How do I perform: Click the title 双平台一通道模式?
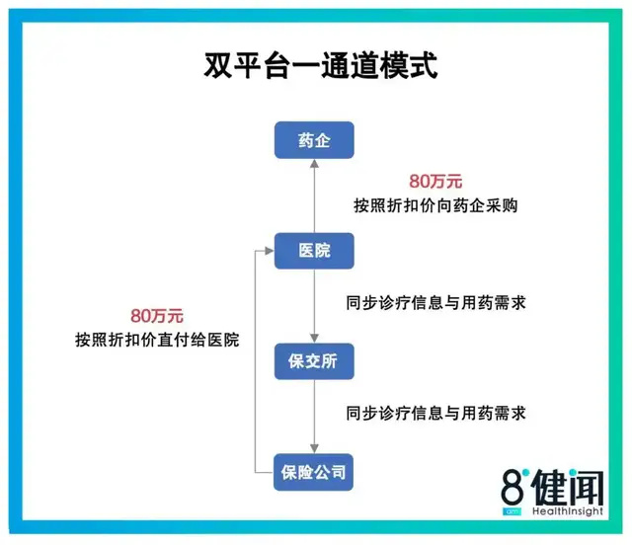pyautogui.click(x=315, y=67)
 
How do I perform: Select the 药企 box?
pyautogui.click(x=314, y=141)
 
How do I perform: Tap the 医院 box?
pyautogui.click(x=314, y=252)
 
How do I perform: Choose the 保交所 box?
pyautogui.click(x=314, y=362)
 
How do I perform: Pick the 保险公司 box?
pyautogui.click(x=314, y=473)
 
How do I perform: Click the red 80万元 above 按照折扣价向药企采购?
pyautogui.click(x=435, y=182)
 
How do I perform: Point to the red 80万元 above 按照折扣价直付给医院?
pyautogui.click(x=157, y=316)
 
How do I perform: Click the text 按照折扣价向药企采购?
pyautogui.click(x=435, y=206)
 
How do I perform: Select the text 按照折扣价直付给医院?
pyautogui.click(x=157, y=340)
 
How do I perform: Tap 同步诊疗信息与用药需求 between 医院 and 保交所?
pyautogui.click(x=435, y=302)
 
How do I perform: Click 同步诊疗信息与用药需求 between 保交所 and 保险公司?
pyautogui.click(x=435, y=413)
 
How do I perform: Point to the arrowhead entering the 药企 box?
pyautogui.click(x=314, y=166)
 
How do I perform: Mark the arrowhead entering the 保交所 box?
pyautogui.click(x=314, y=337)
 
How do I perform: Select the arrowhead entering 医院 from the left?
pyautogui.click(x=268, y=252)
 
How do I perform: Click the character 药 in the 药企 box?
pyautogui.click(x=303, y=141)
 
